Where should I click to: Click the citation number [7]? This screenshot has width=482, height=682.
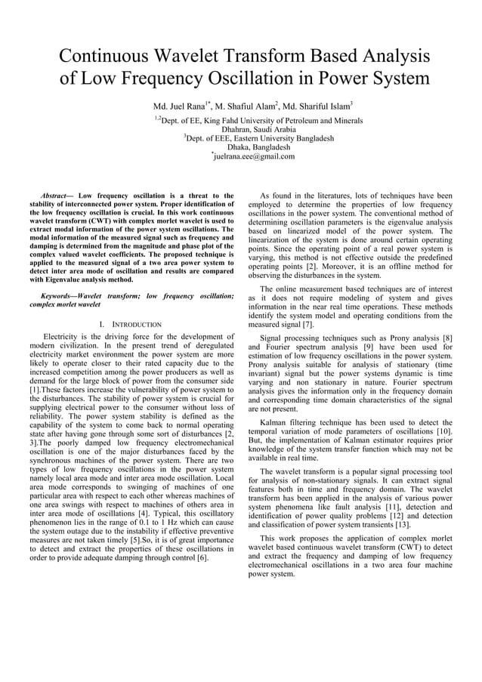[x=307, y=324]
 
